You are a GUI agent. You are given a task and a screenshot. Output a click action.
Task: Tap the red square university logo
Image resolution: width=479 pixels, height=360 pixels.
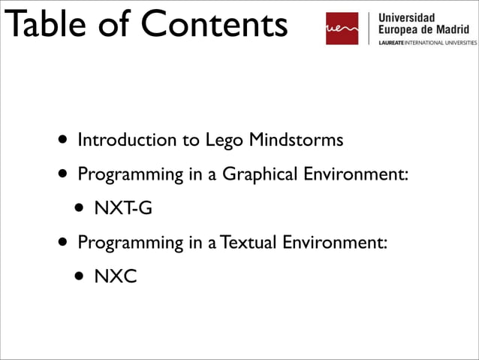[342, 29]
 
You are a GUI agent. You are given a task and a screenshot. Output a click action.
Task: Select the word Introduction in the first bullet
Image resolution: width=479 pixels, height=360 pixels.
[121, 140]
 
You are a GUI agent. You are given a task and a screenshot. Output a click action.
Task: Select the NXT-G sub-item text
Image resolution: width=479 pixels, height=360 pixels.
[122, 208]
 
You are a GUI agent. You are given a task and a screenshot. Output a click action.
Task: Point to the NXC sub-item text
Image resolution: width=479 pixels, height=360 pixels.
[115, 277]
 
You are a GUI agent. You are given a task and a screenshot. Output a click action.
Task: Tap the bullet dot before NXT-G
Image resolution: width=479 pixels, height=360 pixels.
[79, 209]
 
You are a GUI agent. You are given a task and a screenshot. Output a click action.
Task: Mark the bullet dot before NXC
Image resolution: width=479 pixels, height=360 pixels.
[79, 277]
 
